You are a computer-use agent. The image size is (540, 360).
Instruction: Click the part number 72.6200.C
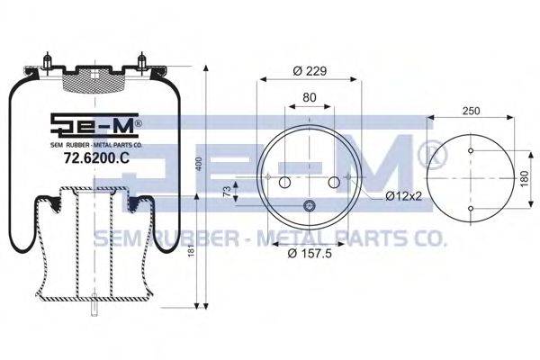coord(97,157)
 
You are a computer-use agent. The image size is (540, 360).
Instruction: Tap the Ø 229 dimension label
coord(310,71)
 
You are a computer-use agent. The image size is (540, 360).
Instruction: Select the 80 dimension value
coord(310,97)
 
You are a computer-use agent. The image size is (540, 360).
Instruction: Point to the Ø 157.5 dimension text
coord(310,254)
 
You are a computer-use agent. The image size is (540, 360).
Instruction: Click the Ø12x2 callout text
coord(404,196)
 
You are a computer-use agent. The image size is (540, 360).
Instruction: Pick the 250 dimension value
coord(471,111)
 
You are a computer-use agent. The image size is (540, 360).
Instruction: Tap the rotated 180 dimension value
coord(524,179)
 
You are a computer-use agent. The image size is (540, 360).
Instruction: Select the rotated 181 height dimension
coord(192,248)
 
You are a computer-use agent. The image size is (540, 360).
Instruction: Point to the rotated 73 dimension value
coord(227,193)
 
